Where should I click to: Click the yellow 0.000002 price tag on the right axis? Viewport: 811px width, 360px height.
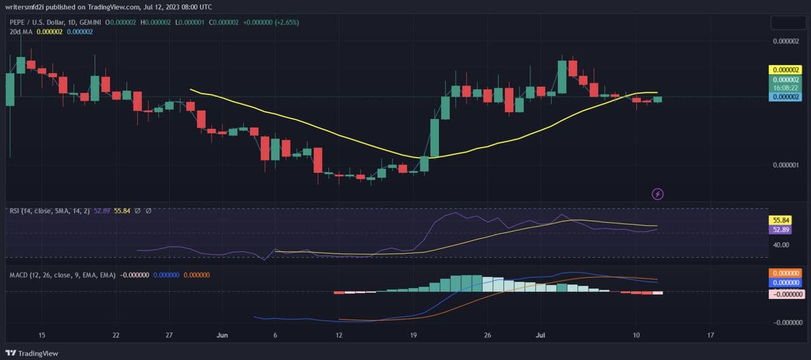[786, 70]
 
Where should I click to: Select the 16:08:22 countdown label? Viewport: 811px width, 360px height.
[786, 88]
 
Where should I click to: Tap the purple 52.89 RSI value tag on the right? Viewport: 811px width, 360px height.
[779, 229]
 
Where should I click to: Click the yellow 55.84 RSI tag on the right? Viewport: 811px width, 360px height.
[779, 221]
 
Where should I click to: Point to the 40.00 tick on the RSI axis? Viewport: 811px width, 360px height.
[781, 245]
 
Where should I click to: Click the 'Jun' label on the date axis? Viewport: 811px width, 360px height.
[222, 335]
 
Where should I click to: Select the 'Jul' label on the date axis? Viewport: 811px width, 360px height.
[540, 335]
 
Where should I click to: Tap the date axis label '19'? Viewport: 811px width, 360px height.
[413, 335]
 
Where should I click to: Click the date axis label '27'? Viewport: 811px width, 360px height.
[169, 335]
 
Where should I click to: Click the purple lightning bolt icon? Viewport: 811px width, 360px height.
[658, 193]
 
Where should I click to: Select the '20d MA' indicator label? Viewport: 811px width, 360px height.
[22, 32]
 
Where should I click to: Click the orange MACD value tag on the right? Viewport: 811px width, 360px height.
[786, 273]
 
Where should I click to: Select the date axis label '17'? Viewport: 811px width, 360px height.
[710, 335]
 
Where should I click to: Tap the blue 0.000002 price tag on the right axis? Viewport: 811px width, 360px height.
[786, 97]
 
